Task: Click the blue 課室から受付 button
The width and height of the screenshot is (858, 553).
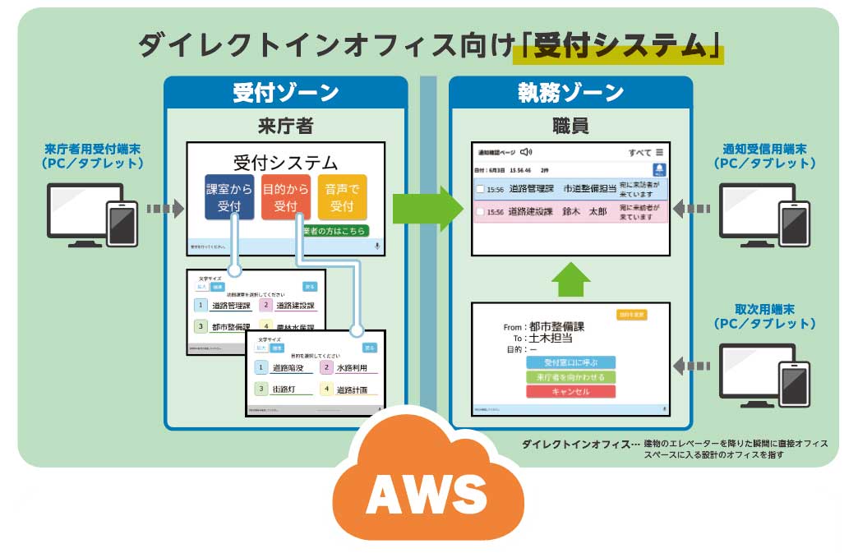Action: point(229,197)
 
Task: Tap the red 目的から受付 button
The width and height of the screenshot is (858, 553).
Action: point(285,197)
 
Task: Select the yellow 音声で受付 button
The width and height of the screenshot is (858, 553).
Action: point(342,197)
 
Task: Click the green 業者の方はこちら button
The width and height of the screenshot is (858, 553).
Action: point(335,231)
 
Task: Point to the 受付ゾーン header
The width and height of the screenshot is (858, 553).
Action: point(285,92)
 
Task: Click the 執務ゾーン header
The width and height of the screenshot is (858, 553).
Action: point(570,92)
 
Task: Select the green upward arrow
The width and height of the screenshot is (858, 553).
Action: point(570,279)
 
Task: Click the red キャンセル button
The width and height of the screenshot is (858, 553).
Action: point(570,391)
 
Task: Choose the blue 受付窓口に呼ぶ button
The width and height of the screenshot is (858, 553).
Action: point(570,362)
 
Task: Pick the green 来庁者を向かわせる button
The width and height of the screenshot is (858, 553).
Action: point(570,376)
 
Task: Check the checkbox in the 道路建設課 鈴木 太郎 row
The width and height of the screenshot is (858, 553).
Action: point(480,212)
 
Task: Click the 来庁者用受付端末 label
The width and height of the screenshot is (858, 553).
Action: point(93,156)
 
